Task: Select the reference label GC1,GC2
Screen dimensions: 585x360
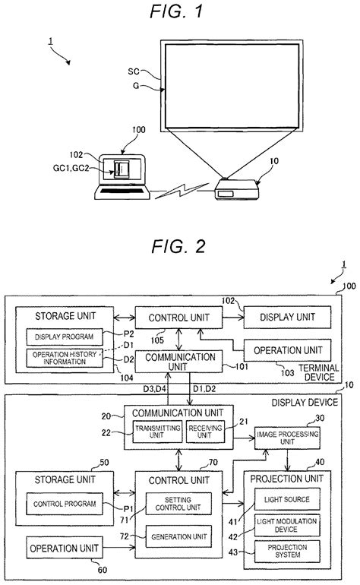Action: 74,169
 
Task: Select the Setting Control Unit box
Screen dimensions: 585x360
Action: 172,504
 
